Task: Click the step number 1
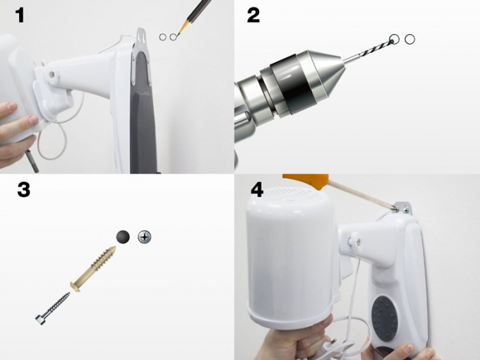coord(20,15)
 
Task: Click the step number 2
coord(253,15)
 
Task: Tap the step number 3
coord(23,189)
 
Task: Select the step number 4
coord(257,190)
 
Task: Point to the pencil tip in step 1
coord(178,33)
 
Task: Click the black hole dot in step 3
coord(123,237)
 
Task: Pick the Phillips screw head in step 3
coord(145,237)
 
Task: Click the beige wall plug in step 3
coord(93,269)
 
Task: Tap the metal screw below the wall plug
coord(53,308)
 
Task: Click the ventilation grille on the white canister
coord(289,194)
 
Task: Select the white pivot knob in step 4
coord(355,239)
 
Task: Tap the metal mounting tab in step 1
coord(141,56)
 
